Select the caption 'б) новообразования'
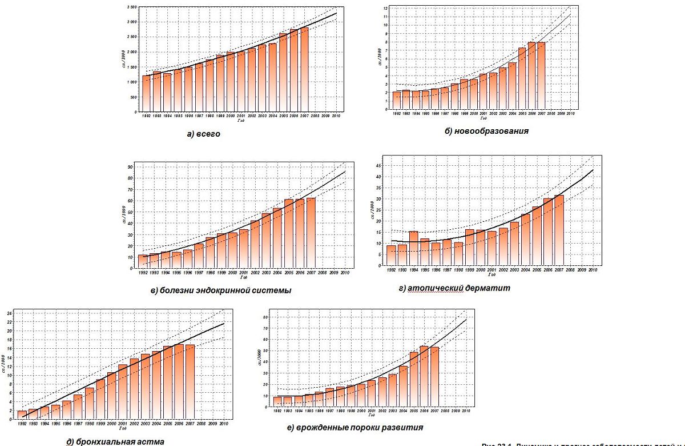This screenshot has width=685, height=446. tap(486, 131)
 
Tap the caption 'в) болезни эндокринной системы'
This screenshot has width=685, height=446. tap(221, 290)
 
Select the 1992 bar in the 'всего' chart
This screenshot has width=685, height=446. tap(147, 94)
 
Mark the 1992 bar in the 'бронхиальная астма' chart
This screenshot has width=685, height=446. tap(22, 415)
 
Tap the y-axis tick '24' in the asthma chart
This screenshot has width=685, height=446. tap(8, 313)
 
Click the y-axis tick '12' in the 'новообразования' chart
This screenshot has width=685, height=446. tap(386, 9)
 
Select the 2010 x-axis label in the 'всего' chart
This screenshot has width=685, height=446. tap(337, 116)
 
